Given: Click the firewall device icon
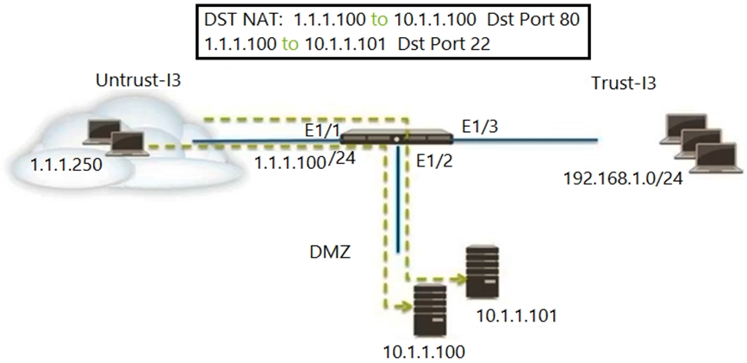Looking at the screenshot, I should click(397, 136).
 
